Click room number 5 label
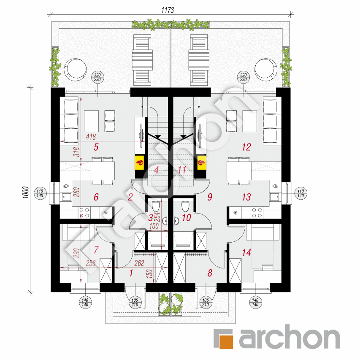pyautogui.click(x=96, y=147)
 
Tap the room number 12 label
pyautogui.click(x=246, y=147)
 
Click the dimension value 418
pyautogui.click(x=91, y=137)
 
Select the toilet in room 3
pyautogui.click(x=155, y=207)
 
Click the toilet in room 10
pyautogui.click(x=185, y=207)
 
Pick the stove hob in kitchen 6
pyautogui.click(x=84, y=212)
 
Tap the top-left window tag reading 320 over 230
pyautogui.click(x=97, y=77)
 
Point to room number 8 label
pyautogui.click(x=209, y=273)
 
